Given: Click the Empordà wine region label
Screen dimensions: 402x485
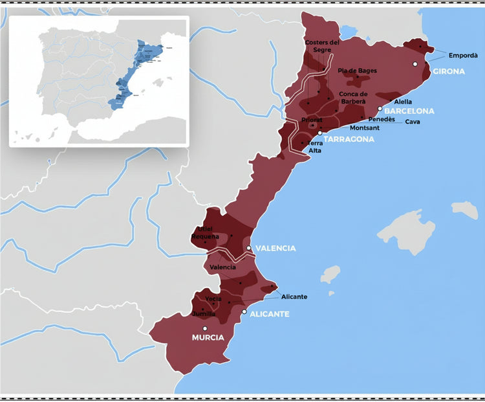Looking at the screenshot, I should [463, 56].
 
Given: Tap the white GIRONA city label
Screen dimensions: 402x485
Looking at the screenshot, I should [449, 71].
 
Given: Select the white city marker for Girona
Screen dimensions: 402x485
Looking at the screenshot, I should [415, 64].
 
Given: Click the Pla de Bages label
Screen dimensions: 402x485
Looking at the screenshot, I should [357, 71].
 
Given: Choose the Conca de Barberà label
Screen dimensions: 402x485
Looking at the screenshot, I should [352, 98].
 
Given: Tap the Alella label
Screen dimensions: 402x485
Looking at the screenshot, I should [403, 102].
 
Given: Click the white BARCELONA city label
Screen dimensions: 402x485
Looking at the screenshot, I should [409, 111].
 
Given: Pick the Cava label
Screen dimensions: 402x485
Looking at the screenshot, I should [413, 122].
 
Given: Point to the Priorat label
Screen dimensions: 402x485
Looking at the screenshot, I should [312, 120].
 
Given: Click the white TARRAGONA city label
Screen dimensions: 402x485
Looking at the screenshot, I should [349, 139].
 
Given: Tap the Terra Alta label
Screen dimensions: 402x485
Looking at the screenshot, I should [316, 146].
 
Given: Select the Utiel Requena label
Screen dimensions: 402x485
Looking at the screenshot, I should [206, 233].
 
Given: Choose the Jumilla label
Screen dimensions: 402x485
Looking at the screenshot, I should [204, 314].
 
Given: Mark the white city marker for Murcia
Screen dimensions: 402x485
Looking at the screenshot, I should [205, 329].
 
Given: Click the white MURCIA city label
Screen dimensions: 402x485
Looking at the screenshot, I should [208, 338].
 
